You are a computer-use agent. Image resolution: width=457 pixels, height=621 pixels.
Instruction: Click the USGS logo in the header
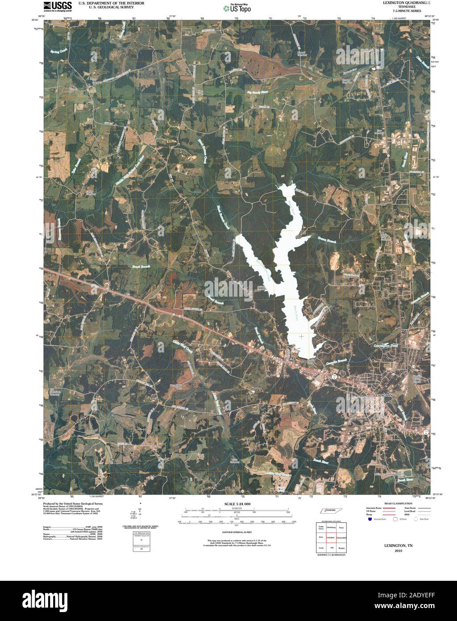pos(58,6)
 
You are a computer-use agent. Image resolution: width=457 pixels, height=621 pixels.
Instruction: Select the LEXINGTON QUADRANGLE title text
pos(405,3)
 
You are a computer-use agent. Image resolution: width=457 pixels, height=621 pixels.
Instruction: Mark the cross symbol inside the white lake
pos(302,336)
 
